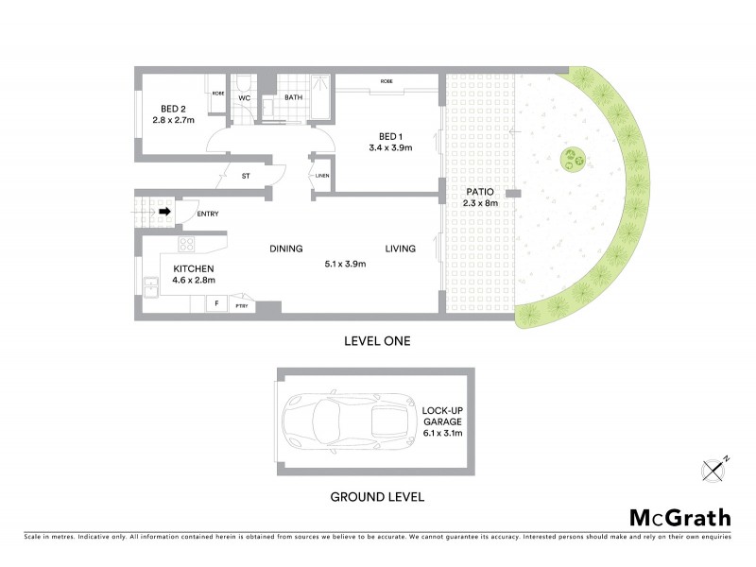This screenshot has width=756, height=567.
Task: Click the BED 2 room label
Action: tap(173, 108)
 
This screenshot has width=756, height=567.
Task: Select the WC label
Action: tap(243, 97)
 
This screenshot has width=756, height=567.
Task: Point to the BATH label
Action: tap(293, 97)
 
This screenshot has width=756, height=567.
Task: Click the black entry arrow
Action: tap(164, 212)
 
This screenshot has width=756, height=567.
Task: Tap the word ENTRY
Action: tap(207, 214)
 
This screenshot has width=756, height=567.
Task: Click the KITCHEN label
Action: tap(194, 268)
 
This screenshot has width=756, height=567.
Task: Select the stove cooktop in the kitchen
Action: tap(187, 245)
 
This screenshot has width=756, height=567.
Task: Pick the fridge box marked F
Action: tap(216, 304)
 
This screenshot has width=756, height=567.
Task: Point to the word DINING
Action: tap(285, 249)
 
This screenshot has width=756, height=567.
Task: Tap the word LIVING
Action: tap(401, 249)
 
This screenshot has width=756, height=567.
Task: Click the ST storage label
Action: tap(246, 176)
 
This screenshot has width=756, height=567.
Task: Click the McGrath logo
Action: tap(680, 517)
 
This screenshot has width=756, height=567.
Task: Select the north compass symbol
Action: tap(714, 468)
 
